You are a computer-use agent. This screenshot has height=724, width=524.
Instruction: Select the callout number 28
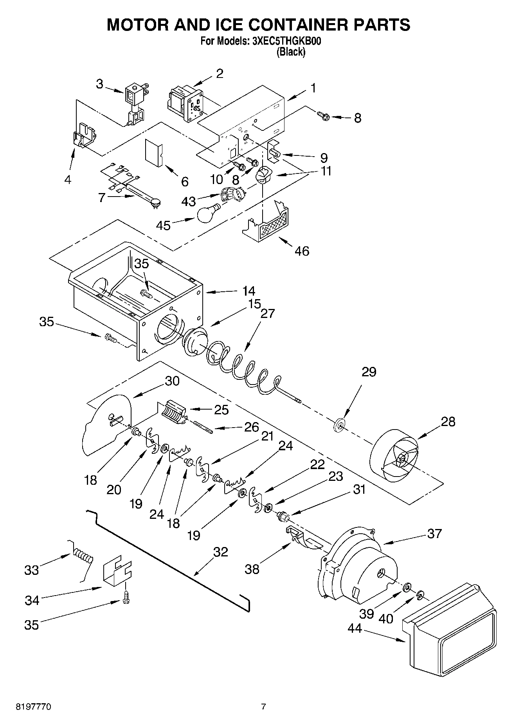448,422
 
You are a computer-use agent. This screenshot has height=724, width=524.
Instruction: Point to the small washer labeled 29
339,424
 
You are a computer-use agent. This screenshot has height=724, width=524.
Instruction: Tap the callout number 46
302,251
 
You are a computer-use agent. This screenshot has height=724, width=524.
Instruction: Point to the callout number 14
248,291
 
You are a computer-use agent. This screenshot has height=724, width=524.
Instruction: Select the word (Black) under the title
290,52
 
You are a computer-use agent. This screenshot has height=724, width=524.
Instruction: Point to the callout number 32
221,552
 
